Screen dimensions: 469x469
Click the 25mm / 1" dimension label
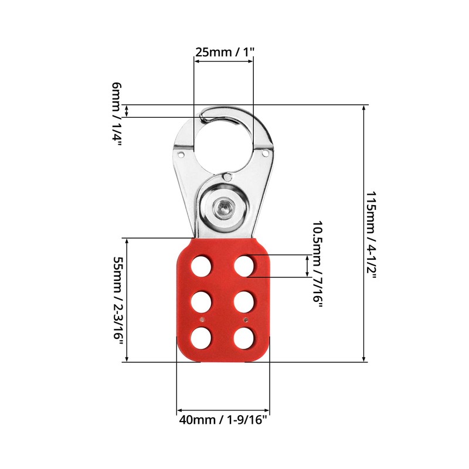225,52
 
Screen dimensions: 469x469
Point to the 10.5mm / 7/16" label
317,262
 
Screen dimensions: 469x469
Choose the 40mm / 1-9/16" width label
223,420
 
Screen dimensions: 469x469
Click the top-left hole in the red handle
202,266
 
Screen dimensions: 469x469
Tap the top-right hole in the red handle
244,266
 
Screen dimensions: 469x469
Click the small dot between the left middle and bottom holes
202,320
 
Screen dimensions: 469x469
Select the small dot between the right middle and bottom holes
245,320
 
